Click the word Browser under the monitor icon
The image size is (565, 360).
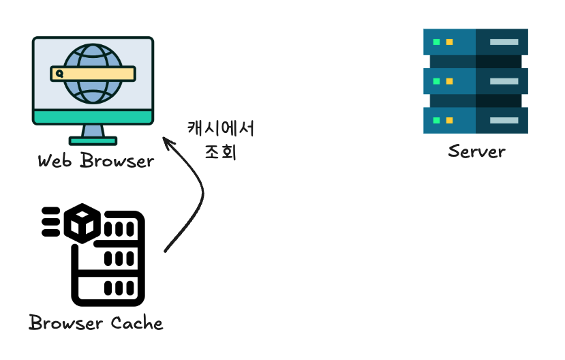[x=117, y=161]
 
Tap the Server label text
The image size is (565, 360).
[x=476, y=151]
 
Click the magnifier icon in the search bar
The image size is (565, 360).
[x=59, y=74]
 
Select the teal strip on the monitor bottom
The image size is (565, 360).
[x=93, y=118]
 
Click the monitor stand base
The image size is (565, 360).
[x=93, y=141]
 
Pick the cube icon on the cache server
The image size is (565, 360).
[x=82, y=222]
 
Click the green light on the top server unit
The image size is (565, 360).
[x=434, y=42]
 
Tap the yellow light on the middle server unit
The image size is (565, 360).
[x=448, y=81]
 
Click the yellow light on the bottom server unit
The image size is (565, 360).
[x=448, y=120]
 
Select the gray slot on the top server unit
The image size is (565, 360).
[x=504, y=42]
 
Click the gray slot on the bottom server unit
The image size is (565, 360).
[x=504, y=120]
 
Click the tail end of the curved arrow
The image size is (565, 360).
[x=166, y=252]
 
